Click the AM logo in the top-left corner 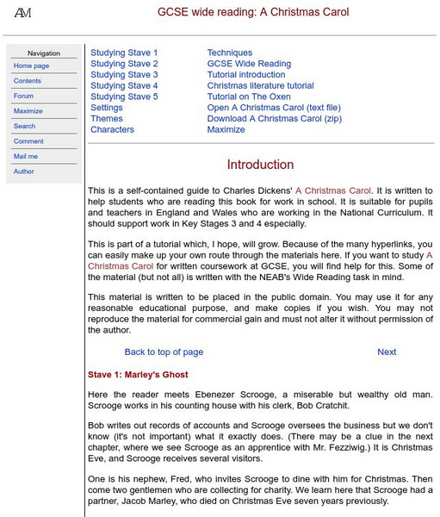[23, 12]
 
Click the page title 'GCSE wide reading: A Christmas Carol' [252, 13]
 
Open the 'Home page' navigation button [32, 65]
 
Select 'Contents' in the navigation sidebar [28, 81]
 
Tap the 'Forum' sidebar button [24, 96]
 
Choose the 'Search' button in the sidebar [25, 126]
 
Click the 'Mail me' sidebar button [26, 156]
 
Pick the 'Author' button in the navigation [24, 171]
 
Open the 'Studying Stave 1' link [124, 53]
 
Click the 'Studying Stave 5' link [124, 97]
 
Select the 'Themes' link [107, 119]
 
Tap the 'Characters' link [112, 130]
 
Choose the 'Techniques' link [230, 53]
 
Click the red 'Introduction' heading [260, 165]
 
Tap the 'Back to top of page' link [164, 352]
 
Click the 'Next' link [387, 352]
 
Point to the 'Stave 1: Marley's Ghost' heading [138, 375]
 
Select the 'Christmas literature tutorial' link [260, 86]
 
